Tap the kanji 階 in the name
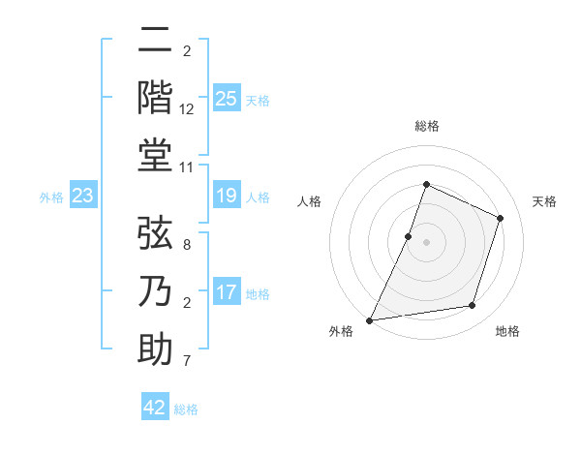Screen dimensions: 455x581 tap(155, 98)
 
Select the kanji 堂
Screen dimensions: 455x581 tap(155, 155)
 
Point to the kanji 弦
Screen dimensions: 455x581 tap(155, 233)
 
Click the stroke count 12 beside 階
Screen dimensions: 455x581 tap(187, 109)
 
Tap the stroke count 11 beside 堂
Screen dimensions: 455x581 tap(187, 167)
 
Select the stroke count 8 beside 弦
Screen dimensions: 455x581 tap(187, 245)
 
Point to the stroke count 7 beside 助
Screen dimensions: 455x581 tap(187, 361)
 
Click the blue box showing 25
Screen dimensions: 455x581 tap(226, 98)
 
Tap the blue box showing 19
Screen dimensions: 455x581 tap(226, 197)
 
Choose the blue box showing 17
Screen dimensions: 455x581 tap(226, 291)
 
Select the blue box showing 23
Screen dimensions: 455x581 tap(82, 197)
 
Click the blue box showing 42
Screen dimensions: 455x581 tap(155, 408)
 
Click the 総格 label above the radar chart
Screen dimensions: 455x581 tap(426, 127)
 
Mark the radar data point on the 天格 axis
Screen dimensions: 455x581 tap(500, 218)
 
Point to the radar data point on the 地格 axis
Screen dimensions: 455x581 tap(473, 306)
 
